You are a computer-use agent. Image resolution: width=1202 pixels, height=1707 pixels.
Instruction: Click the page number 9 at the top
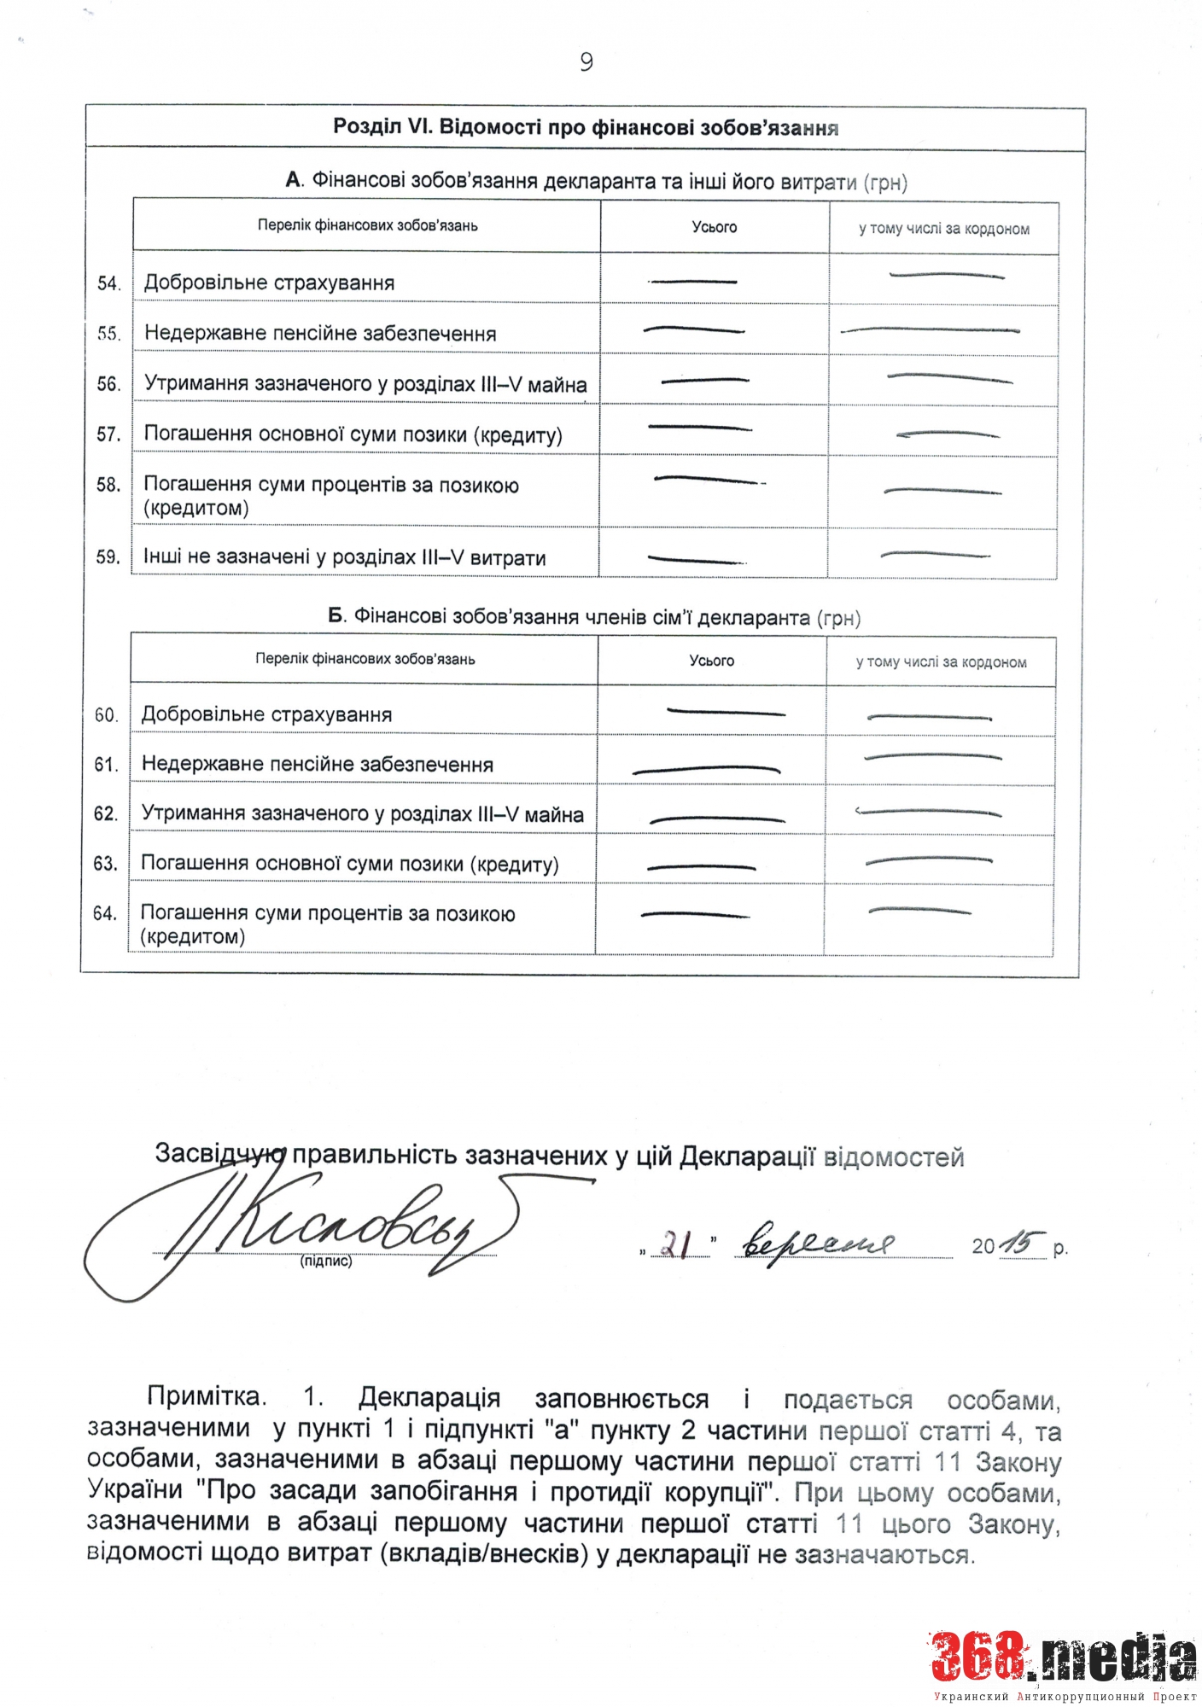[586, 62]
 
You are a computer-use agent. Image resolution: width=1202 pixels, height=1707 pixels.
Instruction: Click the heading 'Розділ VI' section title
[585, 128]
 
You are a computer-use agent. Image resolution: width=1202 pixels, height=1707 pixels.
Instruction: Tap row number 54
[108, 283]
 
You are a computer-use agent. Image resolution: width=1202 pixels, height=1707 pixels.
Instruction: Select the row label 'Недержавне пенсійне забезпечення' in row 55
[320, 333]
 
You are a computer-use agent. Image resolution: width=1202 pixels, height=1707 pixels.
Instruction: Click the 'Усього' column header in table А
[714, 227]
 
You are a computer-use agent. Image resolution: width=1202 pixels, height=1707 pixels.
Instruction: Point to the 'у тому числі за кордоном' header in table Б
[941, 661]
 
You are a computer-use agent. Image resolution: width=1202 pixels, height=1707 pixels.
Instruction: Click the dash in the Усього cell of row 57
[699, 427]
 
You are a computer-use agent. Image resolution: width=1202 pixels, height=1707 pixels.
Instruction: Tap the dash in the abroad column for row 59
[935, 556]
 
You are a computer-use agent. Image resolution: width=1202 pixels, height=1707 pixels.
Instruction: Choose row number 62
[106, 813]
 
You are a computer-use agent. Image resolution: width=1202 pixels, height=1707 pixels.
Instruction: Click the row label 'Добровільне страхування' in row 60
[266, 714]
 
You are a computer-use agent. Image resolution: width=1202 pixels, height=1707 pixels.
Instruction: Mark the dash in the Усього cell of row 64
[695, 915]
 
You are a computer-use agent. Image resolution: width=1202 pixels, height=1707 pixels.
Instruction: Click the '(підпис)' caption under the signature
[326, 1261]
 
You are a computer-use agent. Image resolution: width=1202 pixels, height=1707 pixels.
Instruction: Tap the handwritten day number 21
[676, 1244]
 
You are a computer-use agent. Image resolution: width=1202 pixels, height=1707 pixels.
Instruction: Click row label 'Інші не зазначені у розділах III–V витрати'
[344, 557]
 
